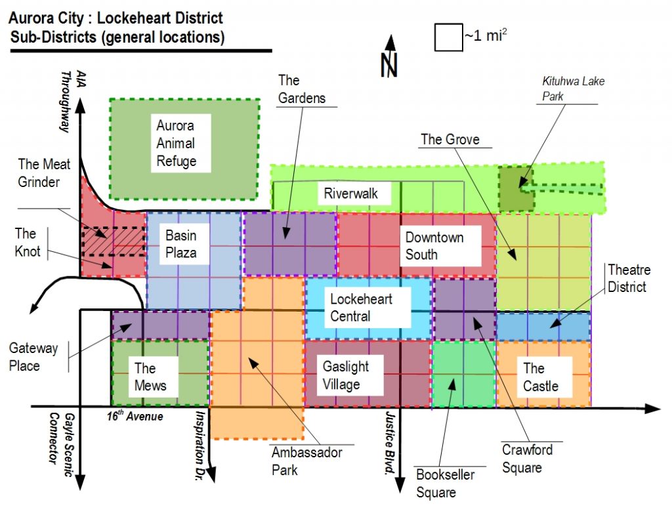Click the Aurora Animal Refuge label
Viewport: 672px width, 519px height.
tap(175, 143)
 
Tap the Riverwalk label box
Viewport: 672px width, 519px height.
tap(348, 194)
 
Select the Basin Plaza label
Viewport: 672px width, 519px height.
tap(180, 243)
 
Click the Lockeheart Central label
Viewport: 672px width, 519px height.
tap(360, 307)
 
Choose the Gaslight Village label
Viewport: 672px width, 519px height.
tap(345, 375)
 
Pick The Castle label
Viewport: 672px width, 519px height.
tap(541, 377)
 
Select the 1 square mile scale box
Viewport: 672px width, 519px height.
tap(448, 37)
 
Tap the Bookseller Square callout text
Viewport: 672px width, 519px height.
tap(444, 483)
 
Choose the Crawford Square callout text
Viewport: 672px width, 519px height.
tap(526, 458)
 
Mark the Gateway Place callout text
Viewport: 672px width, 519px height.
tap(33, 356)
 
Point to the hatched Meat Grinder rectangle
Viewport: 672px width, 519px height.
tap(113, 241)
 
